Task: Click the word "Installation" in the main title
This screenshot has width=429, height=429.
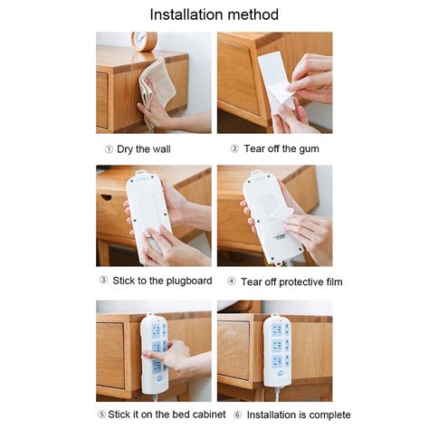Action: (186, 14)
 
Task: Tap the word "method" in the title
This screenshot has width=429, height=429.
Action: (253, 14)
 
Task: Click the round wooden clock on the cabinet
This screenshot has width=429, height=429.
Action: (144, 42)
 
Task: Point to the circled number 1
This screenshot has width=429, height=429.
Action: (109, 149)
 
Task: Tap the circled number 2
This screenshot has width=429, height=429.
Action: (234, 148)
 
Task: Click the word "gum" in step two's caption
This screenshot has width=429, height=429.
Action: (309, 149)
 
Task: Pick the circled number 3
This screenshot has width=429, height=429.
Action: (103, 281)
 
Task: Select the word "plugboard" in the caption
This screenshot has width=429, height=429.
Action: (189, 281)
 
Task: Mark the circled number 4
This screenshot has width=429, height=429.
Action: (232, 281)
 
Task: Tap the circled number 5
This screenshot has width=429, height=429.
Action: (101, 415)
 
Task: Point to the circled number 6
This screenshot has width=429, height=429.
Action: (238, 415)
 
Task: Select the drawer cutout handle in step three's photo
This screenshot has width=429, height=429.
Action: (106, 197)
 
